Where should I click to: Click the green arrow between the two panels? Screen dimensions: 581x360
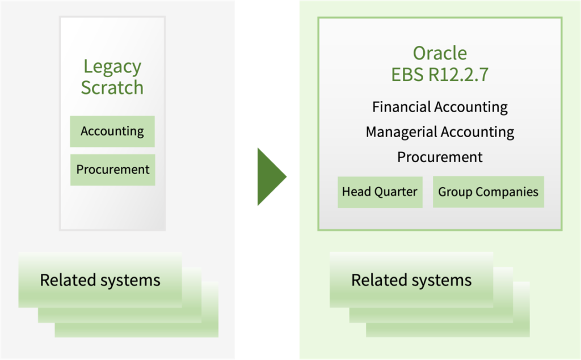pyautogui.click(x=271, y=177)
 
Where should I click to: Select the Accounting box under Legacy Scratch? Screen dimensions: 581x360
pyautogui.click(x=112, y=132)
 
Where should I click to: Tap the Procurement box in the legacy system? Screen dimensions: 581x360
pyautogui.click(x=113, y=170)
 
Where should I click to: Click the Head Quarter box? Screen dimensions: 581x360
pyautogui.click(x=380, y=192)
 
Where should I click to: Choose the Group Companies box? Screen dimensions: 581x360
pyautogui.click(x=489, y=192)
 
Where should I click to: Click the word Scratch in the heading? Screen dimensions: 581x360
pyautogui.click(x=112, y=88)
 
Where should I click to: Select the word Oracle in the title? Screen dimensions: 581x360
pyautogui.click(x=440, y=53)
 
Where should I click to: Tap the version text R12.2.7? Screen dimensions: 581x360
pyautogui.click(x=458, y=74)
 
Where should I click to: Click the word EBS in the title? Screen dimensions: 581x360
pyautogui.click(x=407, y=74)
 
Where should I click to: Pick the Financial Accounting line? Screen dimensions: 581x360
pyautogui.click(x=440, y=107)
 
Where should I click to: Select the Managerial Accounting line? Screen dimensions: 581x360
pyautogui.click(x=440, y=132)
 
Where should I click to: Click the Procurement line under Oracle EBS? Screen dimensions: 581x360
pyautogui.click(x=440, y=157)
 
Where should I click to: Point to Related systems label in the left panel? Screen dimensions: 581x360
pyautogui.click(x=100, y=281)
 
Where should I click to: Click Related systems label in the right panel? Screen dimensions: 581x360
pyautogui.click(x=411, y=281)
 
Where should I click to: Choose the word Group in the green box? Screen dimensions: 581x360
pyautogui.click(x=455, y=192)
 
